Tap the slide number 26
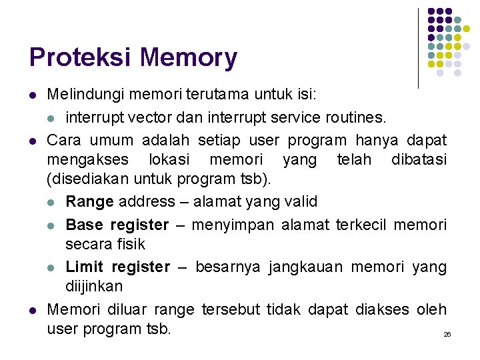[x=447, y=333]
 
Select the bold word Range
[x=89, y=201]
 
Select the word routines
[x=357, y=119]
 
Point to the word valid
[x=300, y=201]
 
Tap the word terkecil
[x=360, y=225]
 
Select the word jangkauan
[x=309, y=267]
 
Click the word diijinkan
[x=94, y=286]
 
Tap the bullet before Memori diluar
[x=32, y=310]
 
